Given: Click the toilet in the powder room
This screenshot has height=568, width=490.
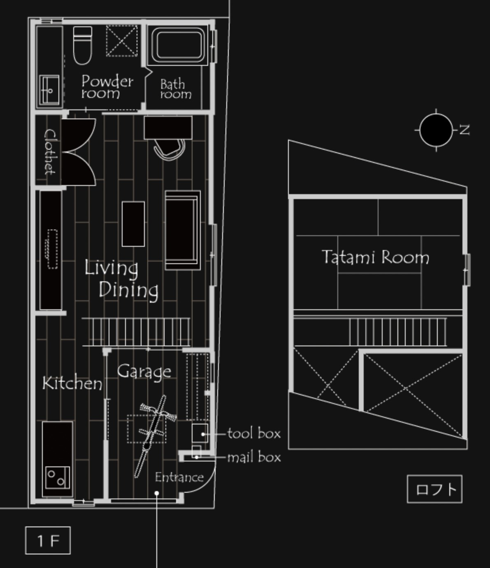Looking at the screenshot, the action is click(82, 45).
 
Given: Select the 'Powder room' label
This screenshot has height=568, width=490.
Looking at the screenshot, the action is click(107, 86).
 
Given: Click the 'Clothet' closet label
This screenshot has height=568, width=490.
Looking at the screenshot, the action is click(50, 152).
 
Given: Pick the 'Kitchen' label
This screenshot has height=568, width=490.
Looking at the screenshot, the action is click(72, 383).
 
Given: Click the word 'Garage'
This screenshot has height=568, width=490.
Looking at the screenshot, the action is click(144, 372).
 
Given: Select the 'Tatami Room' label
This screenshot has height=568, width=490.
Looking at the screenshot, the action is click(375, 257).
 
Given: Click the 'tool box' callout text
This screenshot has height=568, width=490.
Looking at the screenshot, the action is click(254, 434).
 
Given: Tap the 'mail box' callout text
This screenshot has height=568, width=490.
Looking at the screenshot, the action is click(254, 457).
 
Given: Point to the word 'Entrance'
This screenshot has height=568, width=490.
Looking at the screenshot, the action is click(179, 478).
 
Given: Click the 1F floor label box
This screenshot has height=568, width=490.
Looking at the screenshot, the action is click(48, 540).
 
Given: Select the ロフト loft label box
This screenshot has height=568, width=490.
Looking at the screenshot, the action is click(434, 489).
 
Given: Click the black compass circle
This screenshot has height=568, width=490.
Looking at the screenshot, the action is click(436, 130).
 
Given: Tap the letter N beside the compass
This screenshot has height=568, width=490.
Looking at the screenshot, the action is click(464, 130).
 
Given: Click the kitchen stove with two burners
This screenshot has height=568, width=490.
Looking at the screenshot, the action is click(58, 478).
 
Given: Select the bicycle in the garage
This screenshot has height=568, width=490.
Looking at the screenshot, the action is click(154, 436).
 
